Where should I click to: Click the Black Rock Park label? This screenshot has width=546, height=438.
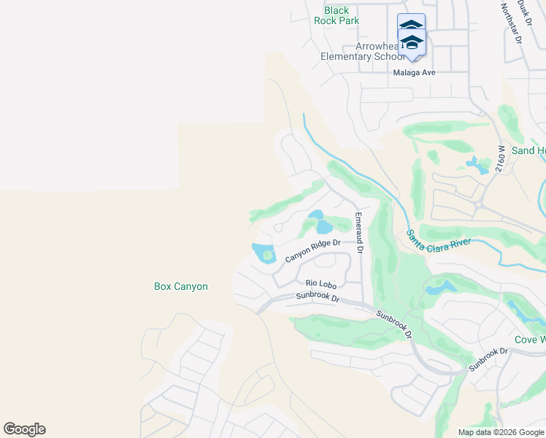[337, 15]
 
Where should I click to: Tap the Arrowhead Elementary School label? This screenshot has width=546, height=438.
[362, 51]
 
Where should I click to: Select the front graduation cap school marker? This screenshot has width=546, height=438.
[412, 43]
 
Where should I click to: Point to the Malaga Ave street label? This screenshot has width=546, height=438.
[414, 72]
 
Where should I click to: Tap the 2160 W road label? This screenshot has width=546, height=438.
[499, 157]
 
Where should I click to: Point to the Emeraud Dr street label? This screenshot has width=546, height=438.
[358, 232]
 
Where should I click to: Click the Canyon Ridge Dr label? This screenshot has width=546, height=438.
[313, 251]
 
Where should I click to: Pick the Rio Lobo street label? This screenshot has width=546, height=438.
[319, 283]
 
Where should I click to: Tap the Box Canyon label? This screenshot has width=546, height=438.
[181, 287]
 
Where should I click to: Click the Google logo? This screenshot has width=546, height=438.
[24, 429]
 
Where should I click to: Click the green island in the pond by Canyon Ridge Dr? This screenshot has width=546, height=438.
[268, 255]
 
